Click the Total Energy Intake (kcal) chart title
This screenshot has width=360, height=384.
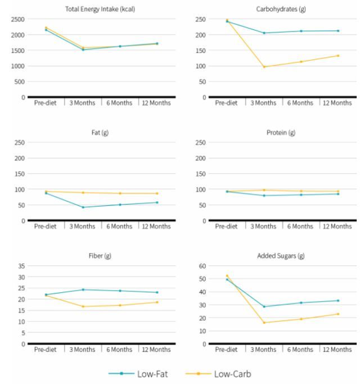[x=101, y=10]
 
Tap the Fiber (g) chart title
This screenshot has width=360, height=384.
[x=101, y=256]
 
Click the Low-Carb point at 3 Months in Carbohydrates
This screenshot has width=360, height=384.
[x=264, y=66]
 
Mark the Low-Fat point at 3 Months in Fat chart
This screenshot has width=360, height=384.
[x=83, y=207]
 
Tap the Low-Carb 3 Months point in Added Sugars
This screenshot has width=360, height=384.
[x=264, y=323]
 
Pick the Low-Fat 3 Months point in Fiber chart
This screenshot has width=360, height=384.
[x=83, y=290]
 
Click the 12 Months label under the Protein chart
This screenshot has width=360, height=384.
[x=337, y=227]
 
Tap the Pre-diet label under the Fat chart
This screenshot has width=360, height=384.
[x=46, y=227]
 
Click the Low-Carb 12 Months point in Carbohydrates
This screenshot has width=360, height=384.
[x=338, y=56]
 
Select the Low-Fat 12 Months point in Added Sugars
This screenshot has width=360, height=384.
[x=338, y=300]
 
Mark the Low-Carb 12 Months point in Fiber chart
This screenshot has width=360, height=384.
[x=157, y=302]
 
